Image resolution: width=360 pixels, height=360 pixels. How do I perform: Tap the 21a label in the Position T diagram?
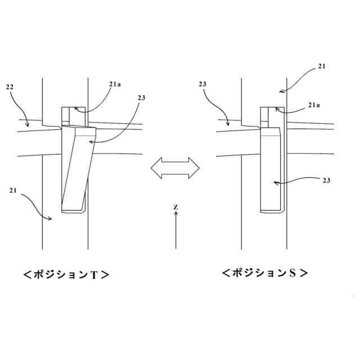pos(115,84)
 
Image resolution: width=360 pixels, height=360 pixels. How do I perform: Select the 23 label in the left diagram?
pos(142,98)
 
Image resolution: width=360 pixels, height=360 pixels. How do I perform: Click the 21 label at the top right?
pos(321,66)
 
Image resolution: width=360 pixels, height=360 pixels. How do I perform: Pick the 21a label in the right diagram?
pos(315,105)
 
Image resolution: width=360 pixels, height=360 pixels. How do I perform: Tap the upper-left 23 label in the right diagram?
pos(204,84)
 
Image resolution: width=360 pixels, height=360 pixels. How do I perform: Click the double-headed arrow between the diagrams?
pos(175,168)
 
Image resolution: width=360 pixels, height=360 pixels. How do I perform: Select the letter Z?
pos(176,208)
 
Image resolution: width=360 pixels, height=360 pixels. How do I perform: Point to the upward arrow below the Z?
pos(176,231)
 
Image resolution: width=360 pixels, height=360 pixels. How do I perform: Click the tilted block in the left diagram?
pos(75,169)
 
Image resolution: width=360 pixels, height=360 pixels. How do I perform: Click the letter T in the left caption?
pos(94,275)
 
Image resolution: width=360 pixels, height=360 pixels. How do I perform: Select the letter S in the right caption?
pos(292,273)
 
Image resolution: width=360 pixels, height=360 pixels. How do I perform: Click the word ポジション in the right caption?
pos(258,273)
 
